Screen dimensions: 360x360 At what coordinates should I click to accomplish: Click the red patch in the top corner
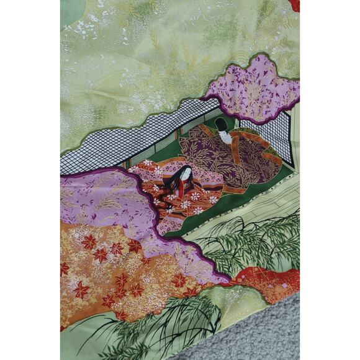click(x=294, y=5)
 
